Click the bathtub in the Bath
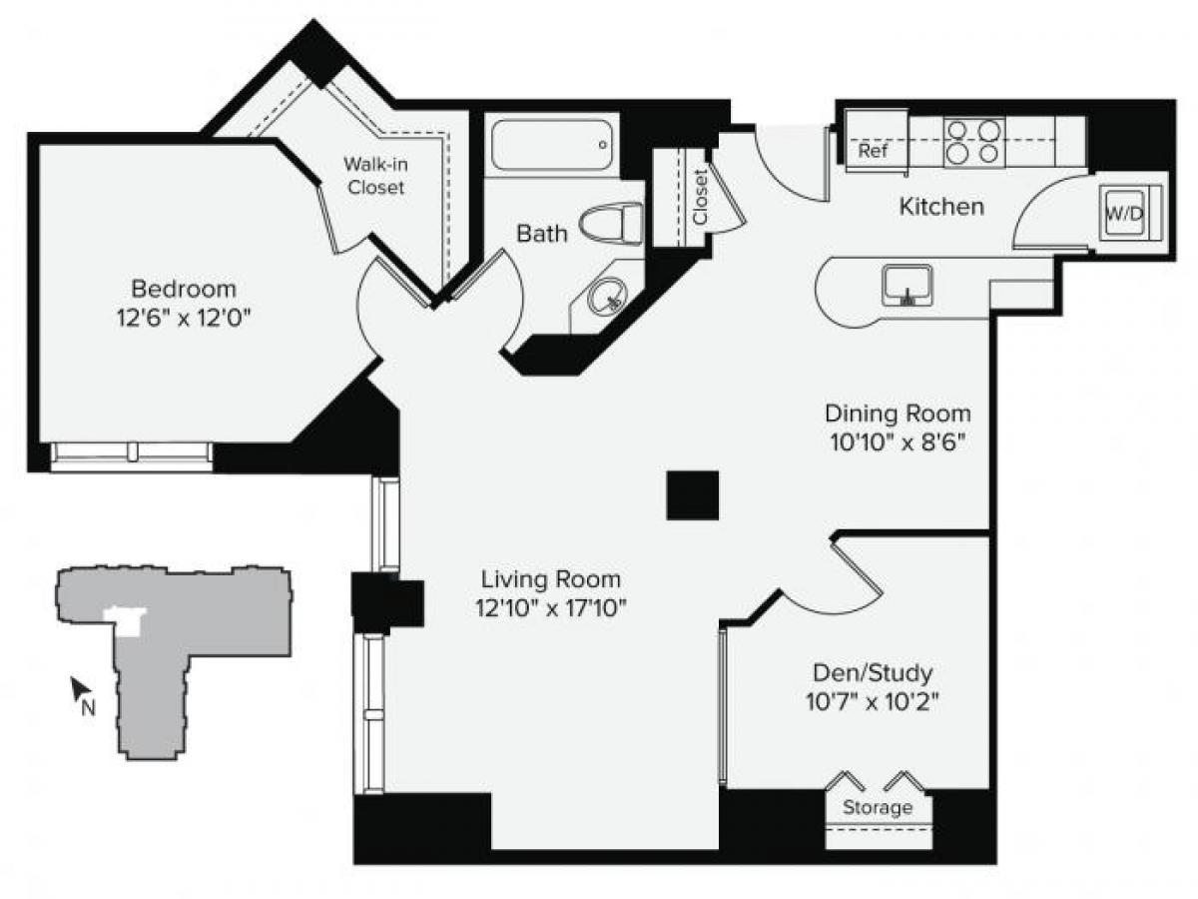(552, 146)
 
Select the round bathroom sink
(606, 296)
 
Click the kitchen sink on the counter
(906, 286)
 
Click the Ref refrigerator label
(872, 151)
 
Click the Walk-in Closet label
(375, 175)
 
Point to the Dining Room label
(898, 413)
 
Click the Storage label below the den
(879, 807)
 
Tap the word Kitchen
(941, 207)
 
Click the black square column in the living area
(693, 494)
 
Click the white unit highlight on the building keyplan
(128, 621)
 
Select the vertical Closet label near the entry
(700, 197)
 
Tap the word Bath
(542, 234)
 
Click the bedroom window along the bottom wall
(132, 453)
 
